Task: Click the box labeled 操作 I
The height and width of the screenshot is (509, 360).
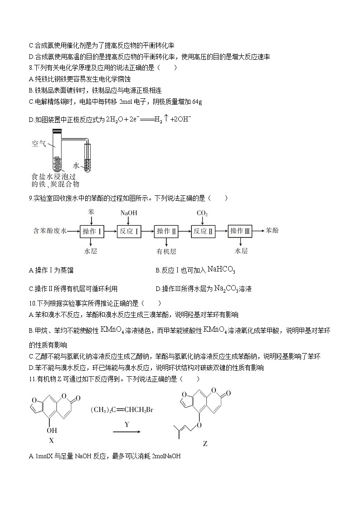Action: click(92, 231)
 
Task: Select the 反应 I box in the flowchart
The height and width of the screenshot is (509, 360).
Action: click(129, 231)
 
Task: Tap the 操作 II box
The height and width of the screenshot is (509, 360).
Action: click(166, 231)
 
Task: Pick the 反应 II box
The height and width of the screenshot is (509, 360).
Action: click(203, 231)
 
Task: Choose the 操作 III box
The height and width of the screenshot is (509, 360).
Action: click(240, 231)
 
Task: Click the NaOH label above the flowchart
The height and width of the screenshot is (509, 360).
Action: click(129, 213)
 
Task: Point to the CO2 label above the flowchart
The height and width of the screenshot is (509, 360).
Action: click(202, 213)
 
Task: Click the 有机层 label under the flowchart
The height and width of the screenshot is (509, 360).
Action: click(166, 251)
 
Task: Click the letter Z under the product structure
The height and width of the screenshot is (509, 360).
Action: click(205, 444)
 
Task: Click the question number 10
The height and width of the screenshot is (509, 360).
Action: click(31, 303)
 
